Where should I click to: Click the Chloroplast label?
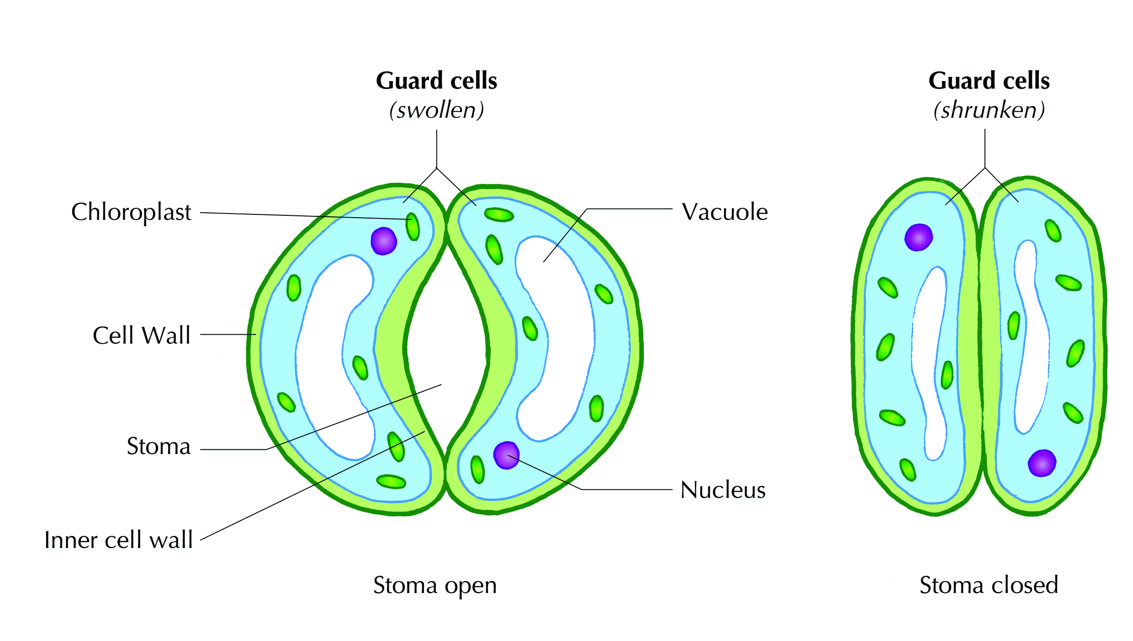pyautogui.click(x=131, y=212)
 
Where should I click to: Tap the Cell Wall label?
pyautogui.click(x=141, y=336)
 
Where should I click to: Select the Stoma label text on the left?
pyautogui.click(x=159, y=446)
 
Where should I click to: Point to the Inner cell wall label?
pyautogui.click(x=118, y=540)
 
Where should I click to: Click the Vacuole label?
pyautogui.click(x=725, y=212)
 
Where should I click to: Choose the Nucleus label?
pyautogui.click(x=723, y=490)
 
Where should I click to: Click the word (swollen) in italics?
pyautogui.click(x=436, y=110)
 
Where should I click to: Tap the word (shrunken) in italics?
pyautogui.click(x=989, y=110)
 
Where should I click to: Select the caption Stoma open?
pyautogui.click(x=435, y=586)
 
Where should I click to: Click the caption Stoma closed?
pyautogui.click(x=989, y=585)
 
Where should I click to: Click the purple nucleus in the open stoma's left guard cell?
pyautogui.click(x=383, y=241)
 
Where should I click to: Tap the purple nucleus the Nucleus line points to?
pyautogui.click(x=506, y=455)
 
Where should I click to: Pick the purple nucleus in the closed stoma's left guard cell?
pyautogui.click(x=918, y=237)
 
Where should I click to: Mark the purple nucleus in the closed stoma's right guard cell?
pyautogui.click(x=1042, y=463)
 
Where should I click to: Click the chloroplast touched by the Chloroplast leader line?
pyautogui.click(x=413, y=226)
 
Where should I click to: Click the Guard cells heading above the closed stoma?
pyautogui.click(x=989, y=81)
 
